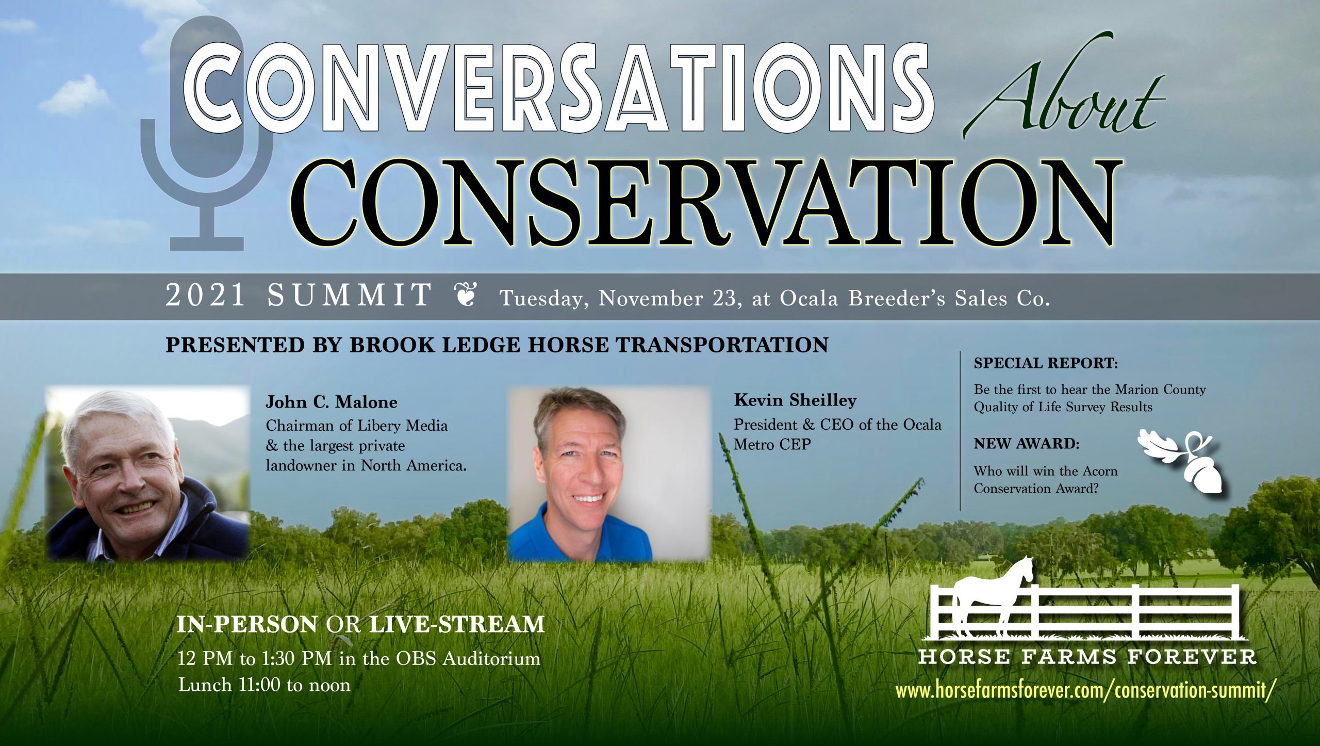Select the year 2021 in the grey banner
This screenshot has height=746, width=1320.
205,296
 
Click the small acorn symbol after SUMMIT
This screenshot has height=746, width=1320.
466,295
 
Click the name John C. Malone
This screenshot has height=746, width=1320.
332,402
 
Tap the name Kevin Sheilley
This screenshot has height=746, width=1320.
795,400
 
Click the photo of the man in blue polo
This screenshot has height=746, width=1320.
608,474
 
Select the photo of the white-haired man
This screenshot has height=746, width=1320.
147,474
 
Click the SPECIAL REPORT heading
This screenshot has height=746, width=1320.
1046,363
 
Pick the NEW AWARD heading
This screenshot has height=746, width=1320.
1026,444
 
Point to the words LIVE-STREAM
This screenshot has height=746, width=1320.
457,624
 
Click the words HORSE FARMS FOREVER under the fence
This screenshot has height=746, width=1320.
1087,657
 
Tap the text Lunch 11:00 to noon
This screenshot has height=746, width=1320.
264,685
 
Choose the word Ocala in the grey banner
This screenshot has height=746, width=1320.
809,298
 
